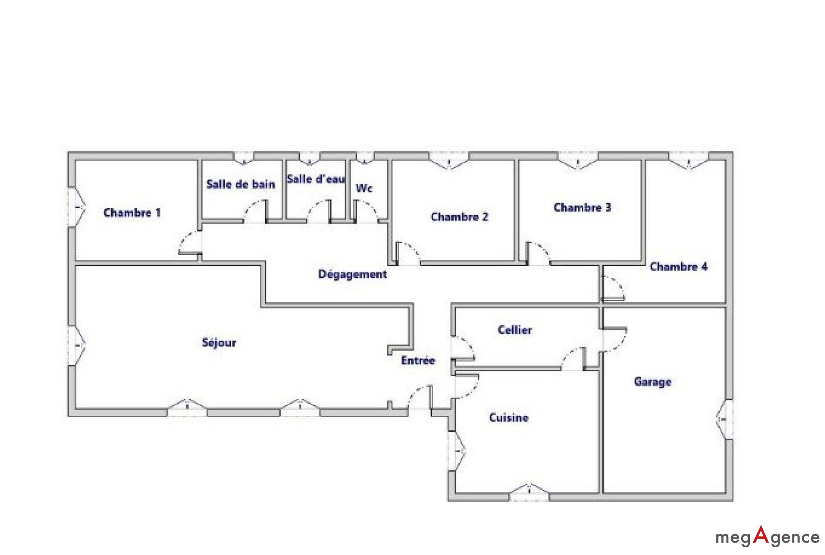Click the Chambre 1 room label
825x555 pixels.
(x=132, y=213)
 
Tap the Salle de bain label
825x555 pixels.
(x=241, y=184)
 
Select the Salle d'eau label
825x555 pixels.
(x=316, y=179)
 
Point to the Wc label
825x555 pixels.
(x=364, y=188)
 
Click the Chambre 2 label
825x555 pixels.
(x=459, y=217)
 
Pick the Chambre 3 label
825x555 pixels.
(x=582, y=207)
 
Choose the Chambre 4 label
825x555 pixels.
(x=678, y=267)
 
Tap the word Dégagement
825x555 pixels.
(x=353, y=274)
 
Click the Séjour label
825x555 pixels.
(x=219, y=343)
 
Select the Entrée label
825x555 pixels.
(x=418, y=360)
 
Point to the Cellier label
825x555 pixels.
(x=515, y=330)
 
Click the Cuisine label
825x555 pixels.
(x=509, y=418)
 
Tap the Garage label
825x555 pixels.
(x=653, y=382)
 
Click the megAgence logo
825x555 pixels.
(x=767, y=536)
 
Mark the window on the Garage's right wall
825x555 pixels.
(x=725, y=419)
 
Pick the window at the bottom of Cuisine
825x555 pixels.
(x=529, y=492)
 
